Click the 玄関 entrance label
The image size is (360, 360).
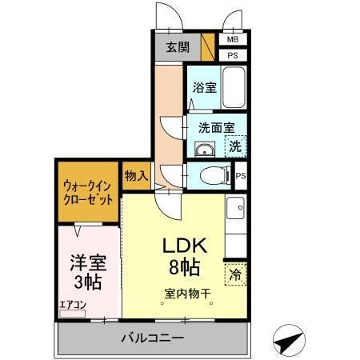point(178,46)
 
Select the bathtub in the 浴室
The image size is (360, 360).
point(234,86)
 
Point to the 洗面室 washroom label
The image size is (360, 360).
point(216,126)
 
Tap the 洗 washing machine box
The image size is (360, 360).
point(235,146)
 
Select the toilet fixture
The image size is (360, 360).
point(212,175)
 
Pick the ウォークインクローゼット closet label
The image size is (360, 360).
point(88,191)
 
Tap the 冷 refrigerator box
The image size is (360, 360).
point(235,274)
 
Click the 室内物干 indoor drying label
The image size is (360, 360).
point(188,294)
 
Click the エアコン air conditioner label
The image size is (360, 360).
point(71,304)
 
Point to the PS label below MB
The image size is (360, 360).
point(233,55)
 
